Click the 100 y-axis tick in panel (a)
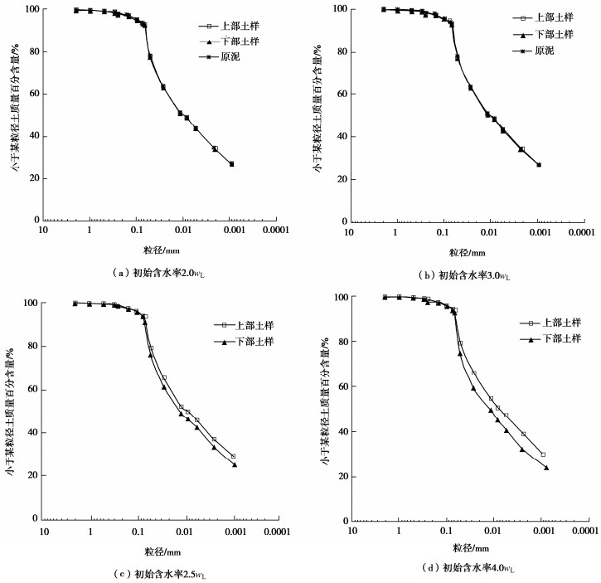(32, 10)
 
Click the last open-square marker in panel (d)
(543, 454)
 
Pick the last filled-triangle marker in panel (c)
(235, 464)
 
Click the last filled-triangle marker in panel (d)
(546, 468)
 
